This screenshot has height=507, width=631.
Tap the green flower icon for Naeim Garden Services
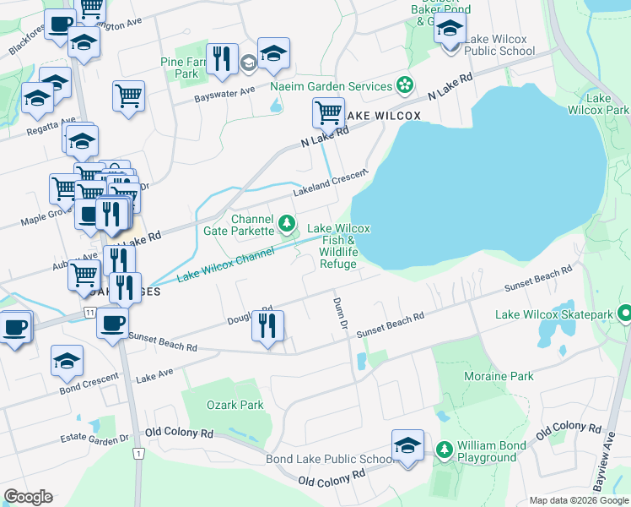tap(406, 85)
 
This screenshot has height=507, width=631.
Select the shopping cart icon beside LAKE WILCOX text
tap(328, 112)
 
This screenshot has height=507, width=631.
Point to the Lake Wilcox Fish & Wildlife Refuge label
tap(338, 246)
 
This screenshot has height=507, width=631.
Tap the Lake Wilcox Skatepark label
tap(554, 315)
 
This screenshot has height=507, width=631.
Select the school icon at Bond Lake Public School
tap(407, 444)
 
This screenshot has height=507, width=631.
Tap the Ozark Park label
tap(235, 405)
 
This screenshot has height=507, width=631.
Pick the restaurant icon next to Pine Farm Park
tap(221, 58)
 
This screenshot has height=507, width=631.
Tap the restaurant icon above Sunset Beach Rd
tap(267, 325)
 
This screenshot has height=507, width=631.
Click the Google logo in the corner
tap(28, 497)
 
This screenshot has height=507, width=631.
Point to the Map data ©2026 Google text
tap(578, 500)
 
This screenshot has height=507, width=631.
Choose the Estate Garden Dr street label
tap(94, 439)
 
